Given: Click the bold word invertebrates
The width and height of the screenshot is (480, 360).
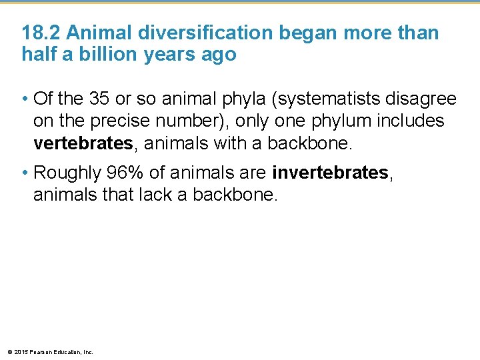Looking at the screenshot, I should (330, 173).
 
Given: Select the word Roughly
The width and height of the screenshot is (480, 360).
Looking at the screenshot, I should (65, 173).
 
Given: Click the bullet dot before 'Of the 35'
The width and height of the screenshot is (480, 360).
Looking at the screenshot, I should (25, 100).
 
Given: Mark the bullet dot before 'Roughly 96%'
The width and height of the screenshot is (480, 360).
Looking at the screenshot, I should (25, 174).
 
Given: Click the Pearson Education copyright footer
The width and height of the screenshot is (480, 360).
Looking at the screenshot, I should (49, 351).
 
